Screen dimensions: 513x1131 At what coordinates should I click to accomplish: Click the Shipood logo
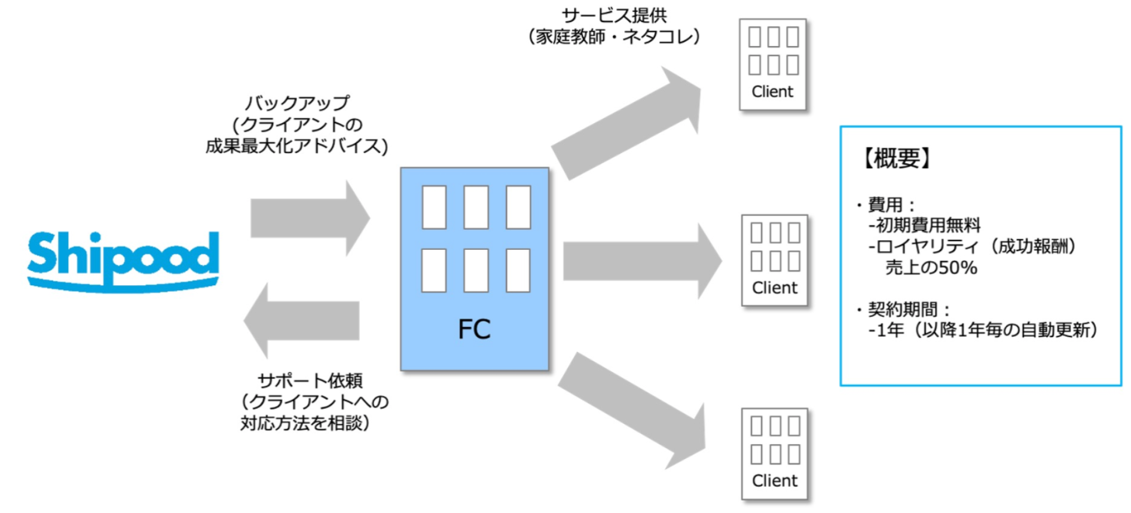123,261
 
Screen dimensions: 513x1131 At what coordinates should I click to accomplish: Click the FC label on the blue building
474,329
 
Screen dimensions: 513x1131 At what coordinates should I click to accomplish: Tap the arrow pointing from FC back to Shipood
302,320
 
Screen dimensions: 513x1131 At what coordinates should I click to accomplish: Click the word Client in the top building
772,91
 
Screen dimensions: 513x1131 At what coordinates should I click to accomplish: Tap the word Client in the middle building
775,288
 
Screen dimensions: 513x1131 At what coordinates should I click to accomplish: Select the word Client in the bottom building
775,481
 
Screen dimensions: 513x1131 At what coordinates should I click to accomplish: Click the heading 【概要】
897,158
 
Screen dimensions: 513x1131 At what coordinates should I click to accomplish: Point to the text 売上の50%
931,267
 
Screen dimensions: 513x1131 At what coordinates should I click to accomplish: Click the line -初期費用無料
925,225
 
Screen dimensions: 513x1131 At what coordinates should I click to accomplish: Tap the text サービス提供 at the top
614,15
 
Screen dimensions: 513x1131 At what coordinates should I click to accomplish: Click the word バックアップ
297,103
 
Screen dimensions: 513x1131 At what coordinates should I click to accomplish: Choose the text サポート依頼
310,380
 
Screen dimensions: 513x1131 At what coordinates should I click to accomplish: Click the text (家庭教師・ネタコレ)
614,36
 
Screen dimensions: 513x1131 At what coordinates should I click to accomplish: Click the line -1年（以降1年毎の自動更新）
983,330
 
